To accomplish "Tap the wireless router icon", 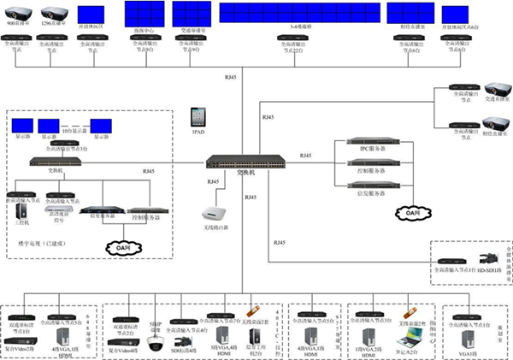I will pos(214,213).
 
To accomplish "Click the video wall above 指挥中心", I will pos(144,13).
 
